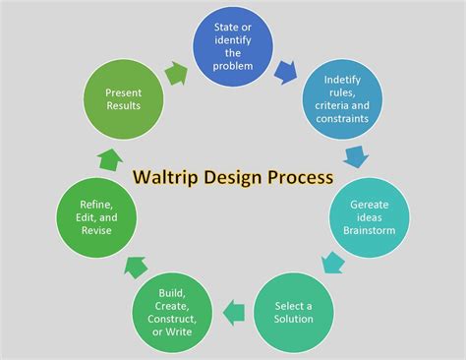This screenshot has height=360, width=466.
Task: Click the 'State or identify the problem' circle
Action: click(x=232, y=46)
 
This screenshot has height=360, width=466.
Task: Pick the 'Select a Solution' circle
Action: click(x=294, y=311)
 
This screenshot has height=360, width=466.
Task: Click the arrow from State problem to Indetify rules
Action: click(x=287, y=70)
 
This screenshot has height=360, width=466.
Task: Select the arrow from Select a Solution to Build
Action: click(x=234, y=313)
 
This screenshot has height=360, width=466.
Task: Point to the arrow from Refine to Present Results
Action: click(x=110, y=157)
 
